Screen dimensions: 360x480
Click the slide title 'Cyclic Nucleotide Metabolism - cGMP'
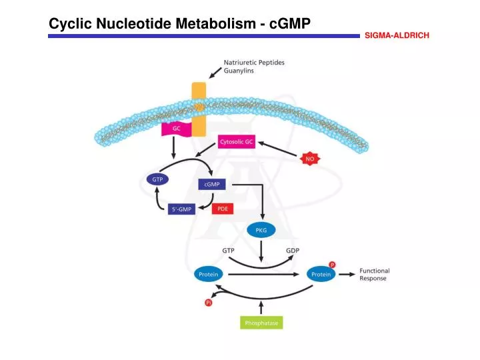(180, 23)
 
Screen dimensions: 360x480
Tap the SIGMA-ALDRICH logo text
(396, 35)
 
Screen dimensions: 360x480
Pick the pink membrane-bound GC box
(177, 128)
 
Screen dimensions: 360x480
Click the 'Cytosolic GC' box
(237, 142)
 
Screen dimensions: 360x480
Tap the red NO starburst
(309, 159)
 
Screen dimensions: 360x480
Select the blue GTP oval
(158, 179)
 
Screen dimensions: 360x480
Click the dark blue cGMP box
(212, 184)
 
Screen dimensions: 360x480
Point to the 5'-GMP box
(181, 209)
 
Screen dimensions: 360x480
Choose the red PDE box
(223, 209)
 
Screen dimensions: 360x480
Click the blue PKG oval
(261, 231)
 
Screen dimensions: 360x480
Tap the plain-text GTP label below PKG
(228, 250)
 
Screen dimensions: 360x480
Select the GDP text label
(293, 250)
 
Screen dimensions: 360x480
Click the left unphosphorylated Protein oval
(209, 274)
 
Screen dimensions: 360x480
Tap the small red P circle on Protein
(333, 265)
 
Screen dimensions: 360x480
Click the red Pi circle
(208, 303)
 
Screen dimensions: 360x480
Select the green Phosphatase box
(261, 323)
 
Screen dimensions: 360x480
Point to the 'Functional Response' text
(374, 275)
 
